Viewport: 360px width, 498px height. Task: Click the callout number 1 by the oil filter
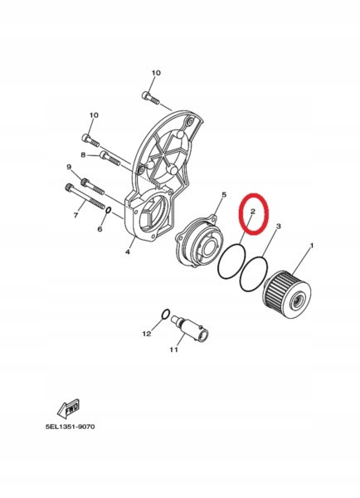click(311, 246)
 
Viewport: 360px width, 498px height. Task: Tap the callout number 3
click(279, 226)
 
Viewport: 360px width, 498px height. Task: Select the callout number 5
click(223, 195)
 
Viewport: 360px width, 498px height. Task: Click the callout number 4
click(128, 251)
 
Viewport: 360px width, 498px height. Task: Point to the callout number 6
click(100, 229)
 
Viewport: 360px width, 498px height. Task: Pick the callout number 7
click(75, 215)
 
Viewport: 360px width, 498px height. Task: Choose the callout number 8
click(83, 154)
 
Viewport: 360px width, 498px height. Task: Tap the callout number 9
click(69, 167)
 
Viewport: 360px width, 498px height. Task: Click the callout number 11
click(173, 349)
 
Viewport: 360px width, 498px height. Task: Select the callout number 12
click(147, 334)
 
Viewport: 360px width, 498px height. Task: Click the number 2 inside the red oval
click(253, 211)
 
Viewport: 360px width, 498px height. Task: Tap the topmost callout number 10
click(156, 73)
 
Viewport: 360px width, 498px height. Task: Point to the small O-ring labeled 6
click(108, 211)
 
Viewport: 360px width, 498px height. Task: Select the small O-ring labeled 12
click(165, 314)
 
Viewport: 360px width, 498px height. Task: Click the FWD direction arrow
click(68, 408)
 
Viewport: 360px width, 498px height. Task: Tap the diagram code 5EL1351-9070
click(71, 427)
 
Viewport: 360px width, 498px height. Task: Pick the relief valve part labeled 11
click(190, 329)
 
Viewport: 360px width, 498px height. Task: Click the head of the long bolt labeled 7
click(69, 187)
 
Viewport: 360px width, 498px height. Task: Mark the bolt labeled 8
click(109, 159)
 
